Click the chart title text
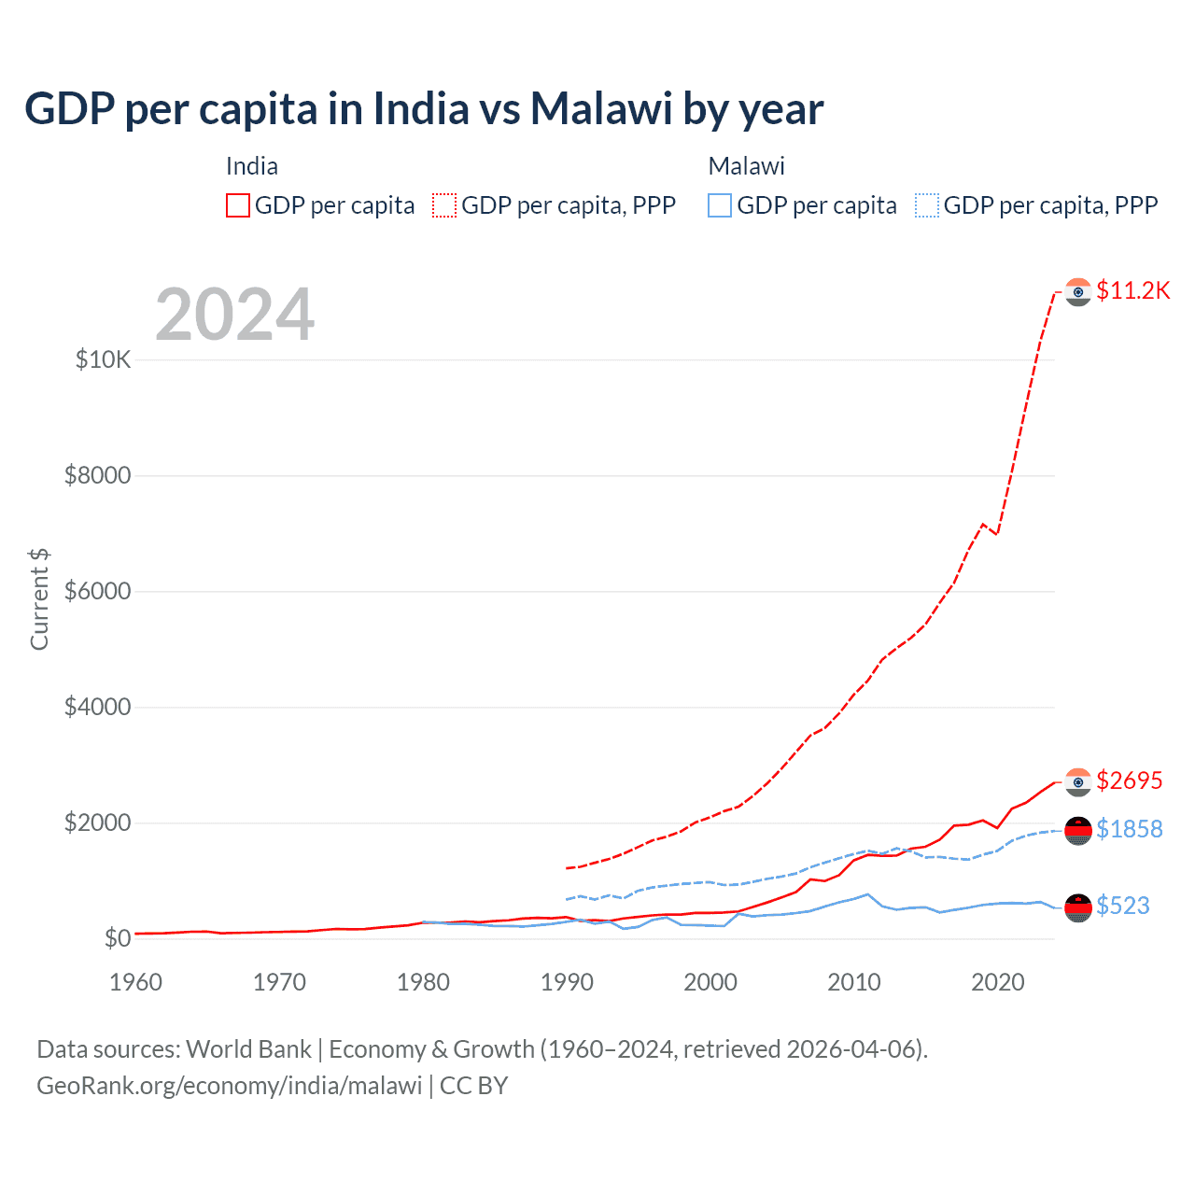point(424,109)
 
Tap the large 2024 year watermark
point(234,315)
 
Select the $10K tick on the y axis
point(104,360)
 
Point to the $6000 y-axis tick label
point(97,592)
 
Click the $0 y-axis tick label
point(117,938)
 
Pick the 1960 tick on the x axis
point(135,982)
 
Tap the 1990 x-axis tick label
point(567,982)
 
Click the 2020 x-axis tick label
point(998,982)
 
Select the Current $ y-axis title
point(39,599)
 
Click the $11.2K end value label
point(1132,290)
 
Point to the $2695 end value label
point(1129,780)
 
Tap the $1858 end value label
point(1129,829)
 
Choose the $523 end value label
point(1122,906)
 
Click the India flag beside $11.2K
point(1078,292)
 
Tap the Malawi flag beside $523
point(1078,907)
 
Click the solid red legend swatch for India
point(238,205)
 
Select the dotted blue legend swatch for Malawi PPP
point(927,205)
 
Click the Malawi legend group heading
point(746,166)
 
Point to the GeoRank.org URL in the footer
point(229,1086)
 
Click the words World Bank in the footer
point(248,1049)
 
